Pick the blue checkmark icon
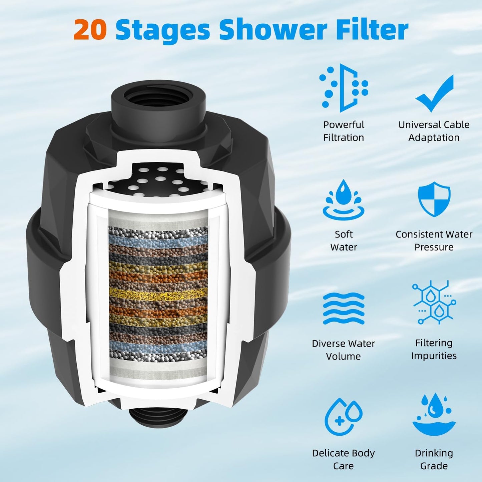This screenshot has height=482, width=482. (434, 93)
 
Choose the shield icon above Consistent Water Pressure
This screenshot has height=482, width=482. (434, 199)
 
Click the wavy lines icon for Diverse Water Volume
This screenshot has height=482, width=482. (344, 308)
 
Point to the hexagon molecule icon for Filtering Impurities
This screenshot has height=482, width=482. (434, 302)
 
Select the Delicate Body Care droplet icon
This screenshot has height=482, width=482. (344, 417)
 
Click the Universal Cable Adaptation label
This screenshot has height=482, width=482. (434, 131)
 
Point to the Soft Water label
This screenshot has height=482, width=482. (344, 240)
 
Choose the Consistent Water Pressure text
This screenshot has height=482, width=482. (434, 240)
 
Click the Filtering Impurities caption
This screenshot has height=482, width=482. (434, 349)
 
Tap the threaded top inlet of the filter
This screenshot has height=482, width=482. (157, 99)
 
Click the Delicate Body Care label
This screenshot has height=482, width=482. (344, 459)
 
